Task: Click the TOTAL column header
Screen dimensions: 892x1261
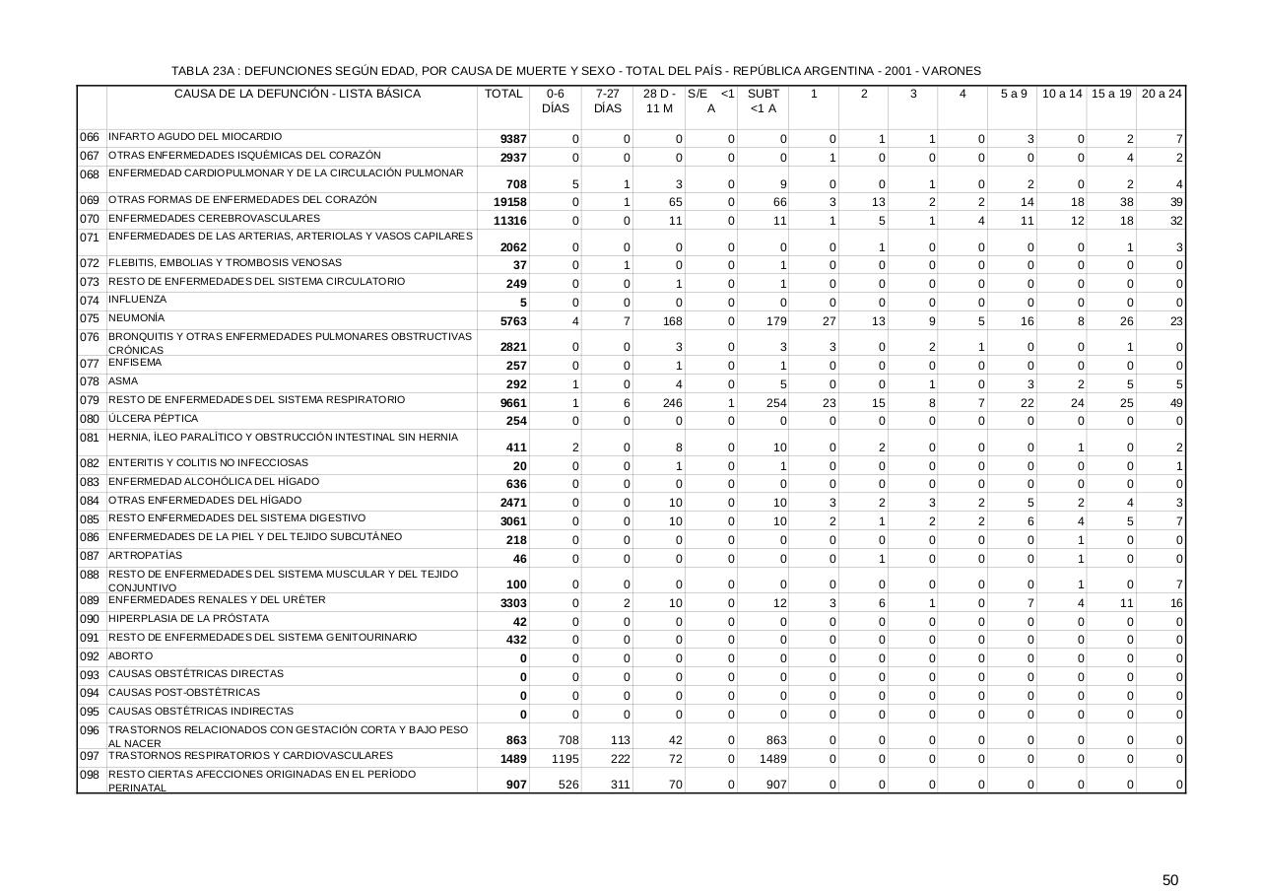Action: point(503,94)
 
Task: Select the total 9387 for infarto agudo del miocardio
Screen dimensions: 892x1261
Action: point(511,140)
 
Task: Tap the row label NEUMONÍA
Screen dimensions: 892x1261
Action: point(137,318)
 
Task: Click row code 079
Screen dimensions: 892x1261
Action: point(90,401)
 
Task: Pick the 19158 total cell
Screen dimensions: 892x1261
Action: point(509,202)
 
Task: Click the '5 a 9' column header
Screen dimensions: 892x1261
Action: point(1014,94)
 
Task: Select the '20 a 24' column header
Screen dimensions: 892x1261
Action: point(1161,94)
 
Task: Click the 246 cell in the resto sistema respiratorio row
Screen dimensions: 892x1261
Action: point(672,403)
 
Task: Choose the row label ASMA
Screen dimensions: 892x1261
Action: point(123,381)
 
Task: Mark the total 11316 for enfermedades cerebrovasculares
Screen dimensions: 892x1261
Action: point(509,221)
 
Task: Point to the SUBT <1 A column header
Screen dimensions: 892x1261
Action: point(763,101)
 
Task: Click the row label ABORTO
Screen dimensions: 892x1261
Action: point(130,655)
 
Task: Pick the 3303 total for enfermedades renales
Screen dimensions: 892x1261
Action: point(513,603)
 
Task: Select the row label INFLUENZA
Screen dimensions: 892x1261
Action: point(137,300)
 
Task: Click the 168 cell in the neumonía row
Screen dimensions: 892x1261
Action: point(672,321)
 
